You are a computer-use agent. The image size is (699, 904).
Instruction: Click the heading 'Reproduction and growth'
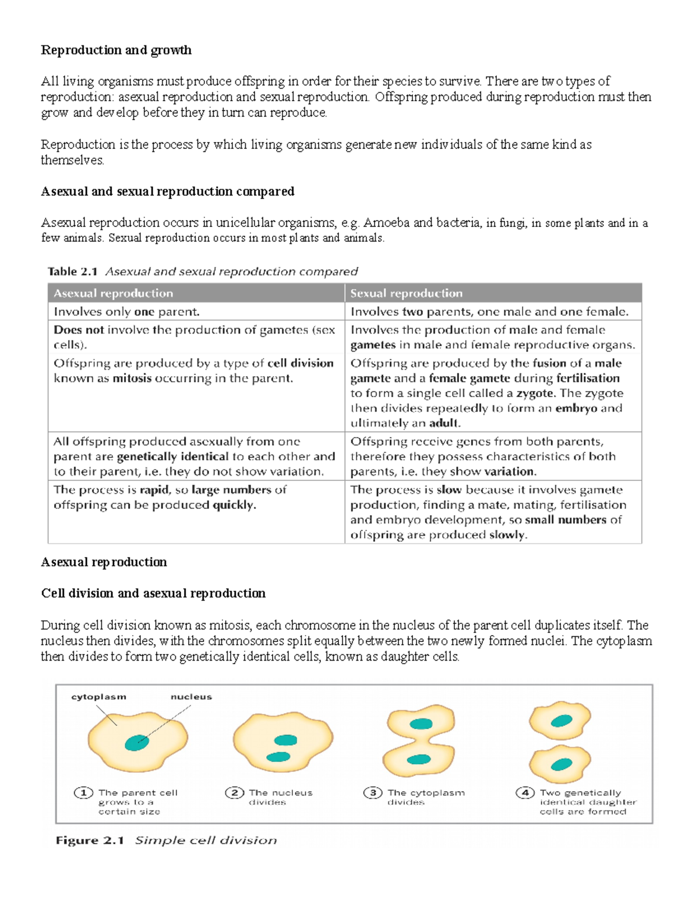click(116, 50)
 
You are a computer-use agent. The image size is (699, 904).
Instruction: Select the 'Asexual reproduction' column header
click(113, 293)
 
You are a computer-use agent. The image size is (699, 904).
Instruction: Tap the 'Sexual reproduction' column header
click(406, 293)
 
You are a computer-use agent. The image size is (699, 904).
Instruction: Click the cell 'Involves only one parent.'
click(126, 312)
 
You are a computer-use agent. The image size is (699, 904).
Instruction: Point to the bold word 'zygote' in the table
click(536, 393)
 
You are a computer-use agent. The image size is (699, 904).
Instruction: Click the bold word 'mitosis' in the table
click(132, 378)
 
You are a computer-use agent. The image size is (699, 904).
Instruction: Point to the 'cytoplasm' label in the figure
click(98, 697)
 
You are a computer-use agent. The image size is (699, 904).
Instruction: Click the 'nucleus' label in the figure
click(191, 697)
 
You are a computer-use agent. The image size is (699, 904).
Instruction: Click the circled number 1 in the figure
click(83, 793)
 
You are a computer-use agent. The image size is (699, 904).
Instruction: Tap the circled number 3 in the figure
click(372, 793)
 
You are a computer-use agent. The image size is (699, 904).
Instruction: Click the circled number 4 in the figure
click(525, 793)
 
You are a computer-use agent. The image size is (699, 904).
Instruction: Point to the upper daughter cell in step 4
click(560, 721)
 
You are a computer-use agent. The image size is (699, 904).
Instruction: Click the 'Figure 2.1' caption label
click(90, 841)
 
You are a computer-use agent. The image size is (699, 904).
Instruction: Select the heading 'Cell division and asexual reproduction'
click(153, 593)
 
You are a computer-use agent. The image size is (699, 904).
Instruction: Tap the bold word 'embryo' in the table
click(576, 408)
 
